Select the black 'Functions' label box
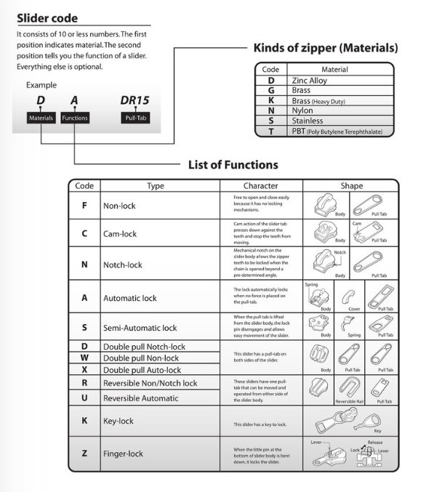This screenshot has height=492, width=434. (x=73, y=117)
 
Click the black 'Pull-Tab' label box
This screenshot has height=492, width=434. (x=134, y=117)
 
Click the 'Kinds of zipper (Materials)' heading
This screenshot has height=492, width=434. (x=325, y=48)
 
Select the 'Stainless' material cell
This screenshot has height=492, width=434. (x=308, y=121)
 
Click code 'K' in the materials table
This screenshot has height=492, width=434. (x=270, y=101)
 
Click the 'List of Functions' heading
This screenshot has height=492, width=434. (x=233, y=165)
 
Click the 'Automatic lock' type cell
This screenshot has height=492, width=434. (x=129, y=298)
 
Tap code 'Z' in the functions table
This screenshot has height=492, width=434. (x=84, y=453)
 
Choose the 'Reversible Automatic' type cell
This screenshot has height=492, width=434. (x=140, y=398)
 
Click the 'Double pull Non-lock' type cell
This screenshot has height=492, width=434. (x=140, y=358)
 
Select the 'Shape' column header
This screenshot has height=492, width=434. (x=351, y=186)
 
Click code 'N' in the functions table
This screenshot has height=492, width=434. (x=84, y=265)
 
